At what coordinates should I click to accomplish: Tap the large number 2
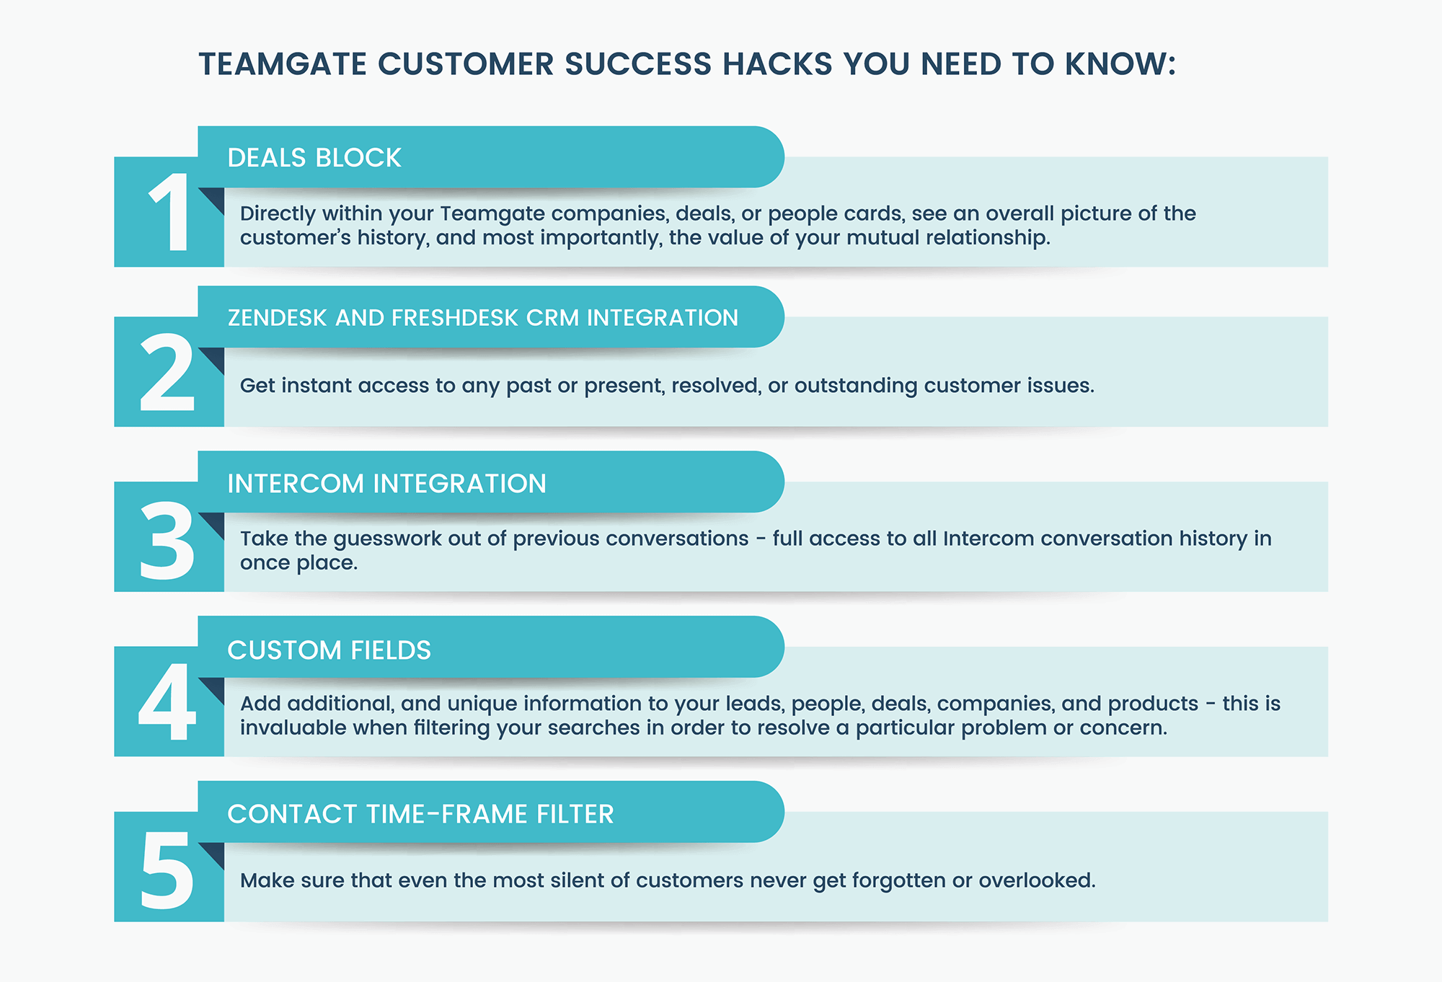click(167, 373)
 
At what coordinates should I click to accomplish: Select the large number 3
click(167, 541)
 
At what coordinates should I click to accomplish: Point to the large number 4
click(167, 703)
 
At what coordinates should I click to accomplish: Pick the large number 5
click(167, 870)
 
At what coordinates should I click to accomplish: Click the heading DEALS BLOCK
click(314, 158)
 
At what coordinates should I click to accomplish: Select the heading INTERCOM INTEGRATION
click(386, 484)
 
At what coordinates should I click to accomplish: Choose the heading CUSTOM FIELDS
click(329, 650)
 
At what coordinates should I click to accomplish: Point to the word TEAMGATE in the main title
click(283, 64)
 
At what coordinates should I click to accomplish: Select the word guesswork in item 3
click(387, 539)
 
